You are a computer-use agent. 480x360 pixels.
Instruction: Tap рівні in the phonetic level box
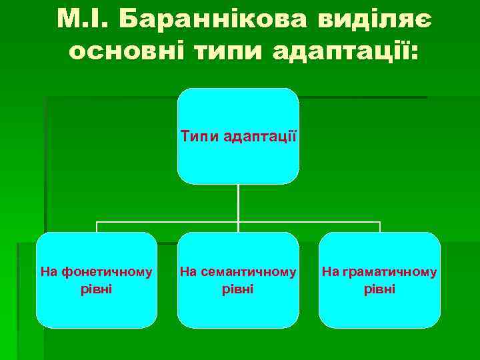(x=96, y=289)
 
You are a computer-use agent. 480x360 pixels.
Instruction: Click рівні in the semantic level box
(x=238, y=289)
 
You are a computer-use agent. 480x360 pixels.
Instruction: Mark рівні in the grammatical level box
(x=379, y=289)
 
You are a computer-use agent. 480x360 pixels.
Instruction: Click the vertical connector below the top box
(x=238, y=203)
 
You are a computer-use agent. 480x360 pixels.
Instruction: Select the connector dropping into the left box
(x=97, y=227)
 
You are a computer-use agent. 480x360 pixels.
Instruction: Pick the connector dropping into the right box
(x=379, y=227)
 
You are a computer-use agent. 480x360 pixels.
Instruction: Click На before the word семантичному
(x=189, y=272)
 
